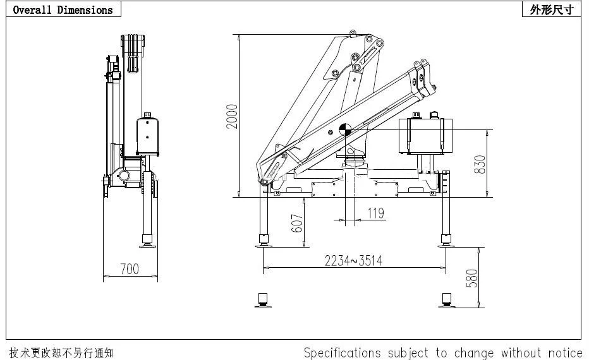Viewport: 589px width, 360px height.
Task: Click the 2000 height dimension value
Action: [233, 116]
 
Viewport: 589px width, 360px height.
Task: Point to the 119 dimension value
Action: [375, 213]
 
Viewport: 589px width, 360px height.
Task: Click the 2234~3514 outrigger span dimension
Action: [353, 260]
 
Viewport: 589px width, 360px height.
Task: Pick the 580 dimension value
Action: [471, 278]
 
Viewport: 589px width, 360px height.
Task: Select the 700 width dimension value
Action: [129, 269]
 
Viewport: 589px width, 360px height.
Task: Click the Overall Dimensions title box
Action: [63, 9]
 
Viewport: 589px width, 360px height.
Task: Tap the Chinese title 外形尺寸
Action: [552, 9]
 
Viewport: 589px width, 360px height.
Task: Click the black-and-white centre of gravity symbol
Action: [345, 129]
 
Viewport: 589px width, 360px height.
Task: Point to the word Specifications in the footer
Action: [342, 352]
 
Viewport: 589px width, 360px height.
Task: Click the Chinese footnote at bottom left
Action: [61, 352]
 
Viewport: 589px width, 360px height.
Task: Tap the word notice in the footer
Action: [562, 352]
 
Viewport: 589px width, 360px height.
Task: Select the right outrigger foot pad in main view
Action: [446, 241]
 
